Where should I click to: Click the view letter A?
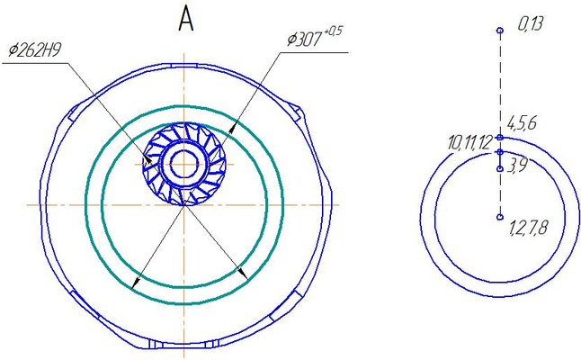(186, 20)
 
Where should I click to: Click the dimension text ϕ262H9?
(35, 50)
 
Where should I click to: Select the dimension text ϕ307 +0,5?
(315, 37)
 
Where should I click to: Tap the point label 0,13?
(531, 23)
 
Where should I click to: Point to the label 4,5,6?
(522, 123)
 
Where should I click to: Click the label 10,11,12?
(469, 143)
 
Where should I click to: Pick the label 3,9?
(517, 166)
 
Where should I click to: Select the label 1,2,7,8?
(528, 227)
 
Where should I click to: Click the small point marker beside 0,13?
(500, 30)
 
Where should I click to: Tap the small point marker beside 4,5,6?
(500, 138)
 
